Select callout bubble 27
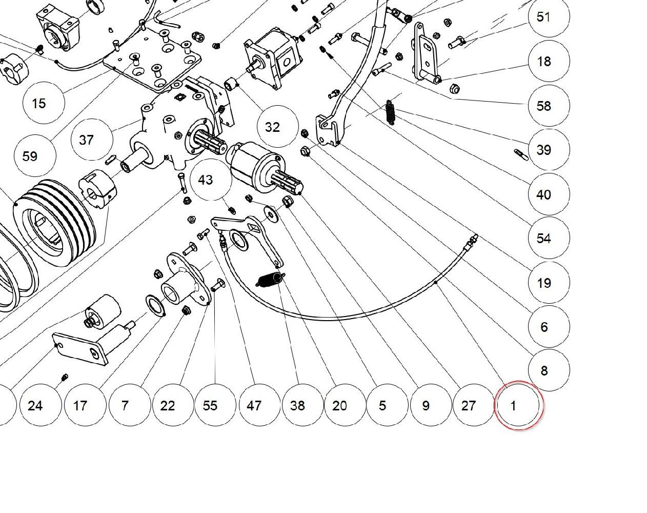(473, 405)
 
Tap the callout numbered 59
(35, 155)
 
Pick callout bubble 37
(92, 140)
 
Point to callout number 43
(211, 180)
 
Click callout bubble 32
(278, 126)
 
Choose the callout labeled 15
(44, 103)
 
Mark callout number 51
(549, 16)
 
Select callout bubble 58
(549, 106)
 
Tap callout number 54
(549, 238)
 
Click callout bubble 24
(41, 405)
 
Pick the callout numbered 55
(215, 405)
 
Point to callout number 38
(303, 405)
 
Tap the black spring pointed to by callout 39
(390, 112)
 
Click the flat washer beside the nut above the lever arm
(271, 214)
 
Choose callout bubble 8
(549, 370)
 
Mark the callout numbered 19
(549, 283)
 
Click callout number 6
(549, 326)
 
